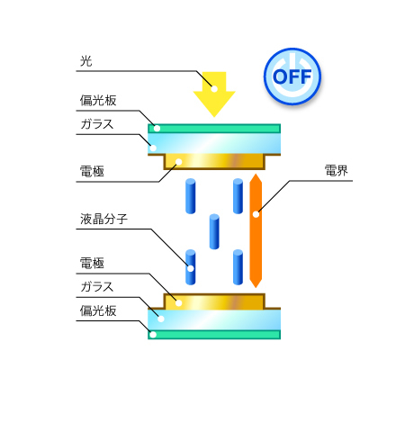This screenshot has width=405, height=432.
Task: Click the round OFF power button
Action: (x=292, y=76)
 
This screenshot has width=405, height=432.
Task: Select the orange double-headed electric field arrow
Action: (x=256, y=230)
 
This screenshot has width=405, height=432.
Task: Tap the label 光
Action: (x=86, y=61)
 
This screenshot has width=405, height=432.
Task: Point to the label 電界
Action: (x=337, y=171)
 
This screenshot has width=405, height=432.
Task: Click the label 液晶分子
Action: (x=103, y=219)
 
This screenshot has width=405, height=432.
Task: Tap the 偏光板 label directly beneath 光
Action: (x=98, y=101)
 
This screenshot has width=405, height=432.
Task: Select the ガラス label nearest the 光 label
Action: (x=97, y=124)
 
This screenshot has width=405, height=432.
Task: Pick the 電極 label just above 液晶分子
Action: (x=92, y=171)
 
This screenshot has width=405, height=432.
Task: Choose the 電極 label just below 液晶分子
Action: (x=92, y=263)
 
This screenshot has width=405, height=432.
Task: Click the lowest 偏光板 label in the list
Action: (x=98, y=310)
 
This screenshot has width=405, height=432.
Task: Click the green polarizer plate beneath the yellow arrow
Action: (x=214, y=129)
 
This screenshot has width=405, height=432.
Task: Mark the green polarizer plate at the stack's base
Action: (x=214, y=335)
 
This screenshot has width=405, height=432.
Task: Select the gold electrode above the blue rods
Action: (x=214, y=162)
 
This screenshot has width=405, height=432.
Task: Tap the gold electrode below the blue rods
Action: (x=214, y=301)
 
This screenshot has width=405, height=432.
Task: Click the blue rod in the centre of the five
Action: (x=214, y=231)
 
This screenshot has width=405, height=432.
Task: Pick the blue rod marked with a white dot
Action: (x=191, y=267)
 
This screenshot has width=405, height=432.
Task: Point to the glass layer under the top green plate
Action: (x=214, y=144)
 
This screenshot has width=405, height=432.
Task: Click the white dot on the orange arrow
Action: (x=256, y=214)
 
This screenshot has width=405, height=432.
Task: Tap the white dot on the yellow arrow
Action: (x=214, y=89)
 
